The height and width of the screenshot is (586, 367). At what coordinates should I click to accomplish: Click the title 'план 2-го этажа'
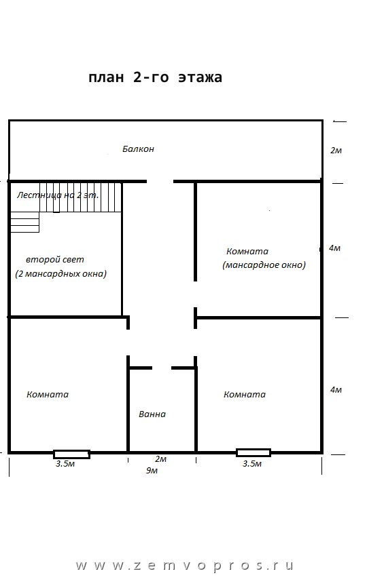click(x=156, y=77)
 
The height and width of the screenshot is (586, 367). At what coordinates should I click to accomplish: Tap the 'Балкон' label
click(x=138, y=149)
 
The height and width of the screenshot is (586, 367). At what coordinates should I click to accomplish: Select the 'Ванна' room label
click(x=152, y=414)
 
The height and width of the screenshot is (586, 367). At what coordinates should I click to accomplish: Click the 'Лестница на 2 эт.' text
click(x=58, y=195)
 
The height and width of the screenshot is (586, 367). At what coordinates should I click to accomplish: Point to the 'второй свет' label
click(x=55, y=259)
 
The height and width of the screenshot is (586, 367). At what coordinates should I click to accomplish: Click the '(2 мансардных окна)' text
click(x=61, y=273)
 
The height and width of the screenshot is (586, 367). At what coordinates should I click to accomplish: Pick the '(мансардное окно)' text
click(x=264, y=265)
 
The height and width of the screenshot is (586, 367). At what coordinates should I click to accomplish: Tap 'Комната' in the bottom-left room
click(x=48, y=394)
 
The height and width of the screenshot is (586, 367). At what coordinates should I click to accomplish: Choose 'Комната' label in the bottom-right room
click(x=245, y=394)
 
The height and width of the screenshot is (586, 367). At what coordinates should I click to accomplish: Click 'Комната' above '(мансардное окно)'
click(x=247, y=251)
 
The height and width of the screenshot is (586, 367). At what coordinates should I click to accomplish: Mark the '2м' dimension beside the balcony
click(x=336, y=151)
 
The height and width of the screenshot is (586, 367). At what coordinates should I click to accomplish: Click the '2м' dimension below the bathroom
click(x=160, y=459)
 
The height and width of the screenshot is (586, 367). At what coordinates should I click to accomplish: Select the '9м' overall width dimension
click(x=152, y=470)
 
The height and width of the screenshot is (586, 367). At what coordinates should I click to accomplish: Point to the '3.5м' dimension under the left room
click(x=65, y=464)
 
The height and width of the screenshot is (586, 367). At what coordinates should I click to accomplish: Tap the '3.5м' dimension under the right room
click(x=252, y=464)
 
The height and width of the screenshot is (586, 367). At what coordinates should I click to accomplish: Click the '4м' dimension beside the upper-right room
click(x=334, y=248)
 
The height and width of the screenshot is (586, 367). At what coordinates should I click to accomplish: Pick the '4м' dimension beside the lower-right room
click(x=336, y=390)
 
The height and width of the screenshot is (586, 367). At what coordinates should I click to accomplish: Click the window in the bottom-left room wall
click(x=71, y=454)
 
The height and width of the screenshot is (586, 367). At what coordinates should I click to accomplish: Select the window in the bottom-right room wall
click(x=254, y=452)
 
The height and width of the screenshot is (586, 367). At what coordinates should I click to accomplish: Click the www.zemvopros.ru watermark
click(x=184, y=566)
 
